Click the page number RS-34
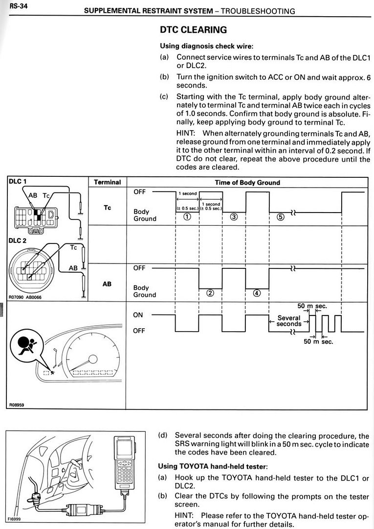(x=19, y=6)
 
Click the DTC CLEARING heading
(x=193, y=30)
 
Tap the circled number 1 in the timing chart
(x=187, y=217)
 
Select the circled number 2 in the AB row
(x=210, y=293)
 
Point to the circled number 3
(x=234, y=217)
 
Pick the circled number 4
(x=257, y=293)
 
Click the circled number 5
(x=280, y=217)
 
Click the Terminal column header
(x=107, y=182)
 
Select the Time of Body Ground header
(x=247, y=183)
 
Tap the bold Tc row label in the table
(x=107, y=208)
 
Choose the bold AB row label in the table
(x=107, y=284)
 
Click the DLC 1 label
(x=18, y=182)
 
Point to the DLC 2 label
(x=18, y=240)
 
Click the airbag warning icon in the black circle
(x=25, y=345)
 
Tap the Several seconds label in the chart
(x=289, y=321)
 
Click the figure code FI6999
(x=14, y=519)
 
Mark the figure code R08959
(x=17, y=405)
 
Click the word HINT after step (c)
(x=185, y=133)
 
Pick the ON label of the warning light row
(x=138, y=315)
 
